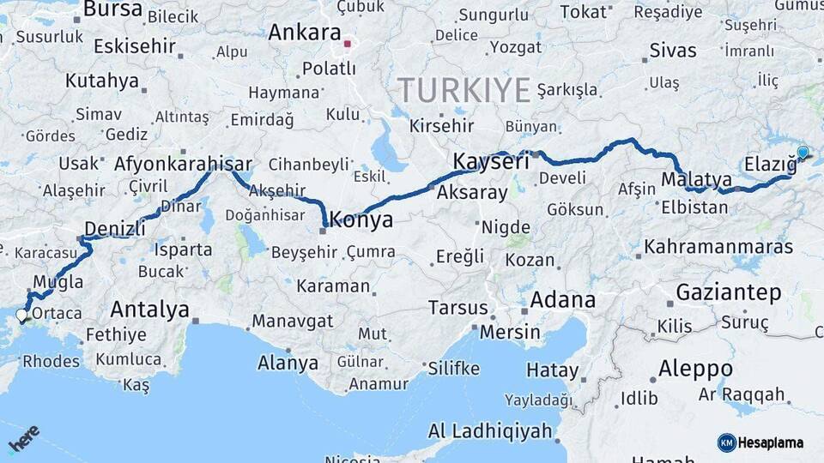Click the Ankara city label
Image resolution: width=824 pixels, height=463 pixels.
click(304, 33)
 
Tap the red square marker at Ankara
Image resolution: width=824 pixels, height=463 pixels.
click(348, 43)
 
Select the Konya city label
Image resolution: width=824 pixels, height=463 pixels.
click(361, 219)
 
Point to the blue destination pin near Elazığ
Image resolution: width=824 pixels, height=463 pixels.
click(803, 153)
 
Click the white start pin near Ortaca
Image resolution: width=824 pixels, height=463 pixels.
click(21, 316)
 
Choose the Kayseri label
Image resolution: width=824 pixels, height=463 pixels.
click(490, 161)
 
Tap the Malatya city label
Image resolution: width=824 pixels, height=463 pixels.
click(696, 180)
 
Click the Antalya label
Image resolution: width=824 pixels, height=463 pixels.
click(149, 310)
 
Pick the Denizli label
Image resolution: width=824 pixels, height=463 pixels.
click(113, 229)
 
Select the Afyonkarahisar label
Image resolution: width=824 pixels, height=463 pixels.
click(183, 164)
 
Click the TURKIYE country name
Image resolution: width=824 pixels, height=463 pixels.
click(464, 89)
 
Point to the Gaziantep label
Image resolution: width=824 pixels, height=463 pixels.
click(729, 292)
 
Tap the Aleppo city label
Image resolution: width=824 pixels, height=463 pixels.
click(695, 370)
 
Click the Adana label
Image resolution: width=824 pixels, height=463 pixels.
click(562, 300)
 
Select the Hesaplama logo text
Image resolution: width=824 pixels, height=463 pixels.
click(771, 443)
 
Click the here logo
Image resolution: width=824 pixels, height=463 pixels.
click(23, 439)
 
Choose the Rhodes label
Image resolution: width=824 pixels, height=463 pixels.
click(51, 361)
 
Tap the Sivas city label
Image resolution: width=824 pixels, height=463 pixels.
click(673, 51)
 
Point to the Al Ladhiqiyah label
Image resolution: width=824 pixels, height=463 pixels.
click(490, 430)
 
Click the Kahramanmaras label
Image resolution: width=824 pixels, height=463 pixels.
click(718, 247)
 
